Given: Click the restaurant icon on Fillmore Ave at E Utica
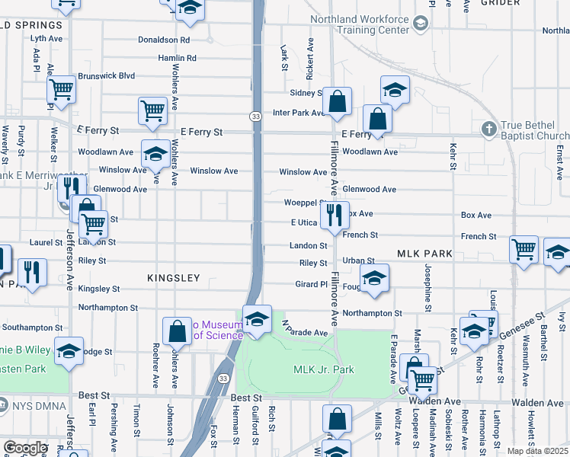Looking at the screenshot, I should [332, 216].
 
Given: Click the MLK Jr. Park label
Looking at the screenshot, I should [324, 369].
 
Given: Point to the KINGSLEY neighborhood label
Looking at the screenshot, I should [175, 278].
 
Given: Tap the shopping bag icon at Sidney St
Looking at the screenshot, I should [338, 100].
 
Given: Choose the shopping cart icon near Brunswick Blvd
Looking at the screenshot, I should [62, 89].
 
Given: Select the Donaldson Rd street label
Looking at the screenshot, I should [163, 40].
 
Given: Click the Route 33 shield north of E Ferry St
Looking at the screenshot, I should [255, 116].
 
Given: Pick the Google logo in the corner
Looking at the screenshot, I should [25, 447].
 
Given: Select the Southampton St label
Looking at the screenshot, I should [31, 328].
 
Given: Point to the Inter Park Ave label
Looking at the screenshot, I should [299, 113].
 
